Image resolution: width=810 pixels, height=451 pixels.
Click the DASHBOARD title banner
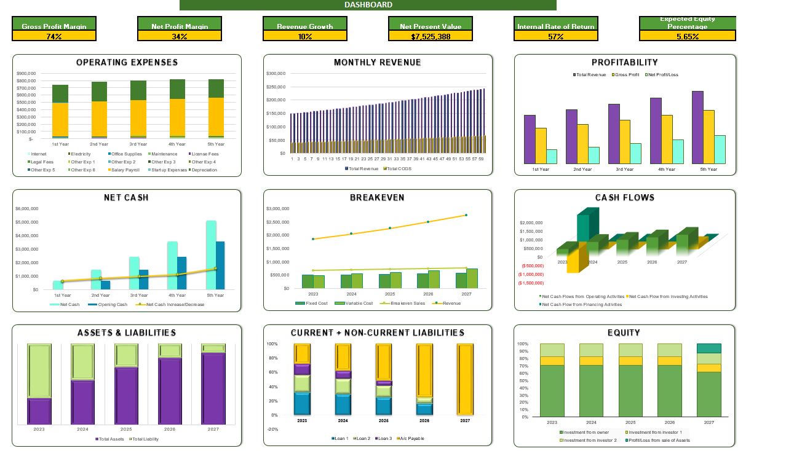click(368, 5)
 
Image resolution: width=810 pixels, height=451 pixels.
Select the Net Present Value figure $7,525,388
click(431, 36)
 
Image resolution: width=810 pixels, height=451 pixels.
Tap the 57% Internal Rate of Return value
click(556, 36)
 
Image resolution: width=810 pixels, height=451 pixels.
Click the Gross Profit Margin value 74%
click(54, 36)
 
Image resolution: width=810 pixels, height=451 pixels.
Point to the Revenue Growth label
click(304, 26)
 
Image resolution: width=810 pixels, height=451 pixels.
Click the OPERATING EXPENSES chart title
click(127, 62)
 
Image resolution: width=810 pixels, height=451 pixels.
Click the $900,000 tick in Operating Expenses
click(26, 73)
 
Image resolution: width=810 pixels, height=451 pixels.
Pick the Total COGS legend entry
click(399, 168)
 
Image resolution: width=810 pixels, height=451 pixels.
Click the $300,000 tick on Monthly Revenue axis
click(275, 73)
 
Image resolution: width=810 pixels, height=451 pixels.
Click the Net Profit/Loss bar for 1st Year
click(552, 157)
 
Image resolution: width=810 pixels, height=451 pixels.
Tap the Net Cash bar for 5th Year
click(211, 254)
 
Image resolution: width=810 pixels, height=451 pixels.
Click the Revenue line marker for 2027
click(466, 215)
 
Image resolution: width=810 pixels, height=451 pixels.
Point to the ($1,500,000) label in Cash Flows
click(531, 283)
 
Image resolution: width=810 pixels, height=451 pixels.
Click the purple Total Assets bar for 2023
click(39, 411)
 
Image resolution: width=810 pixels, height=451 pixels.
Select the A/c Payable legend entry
click(412, 438)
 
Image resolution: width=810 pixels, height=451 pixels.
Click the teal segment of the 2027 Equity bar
click(709, 348)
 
